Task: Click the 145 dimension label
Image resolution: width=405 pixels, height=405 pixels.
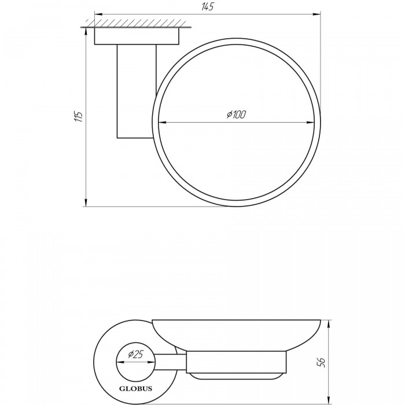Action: [x=208, y=7]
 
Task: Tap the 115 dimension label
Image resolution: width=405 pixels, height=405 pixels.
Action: [x=78, y=117]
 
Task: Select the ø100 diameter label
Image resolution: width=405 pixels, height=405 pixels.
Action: [x=236, y=114]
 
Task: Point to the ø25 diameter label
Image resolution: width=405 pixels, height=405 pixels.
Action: [x=135, y=354]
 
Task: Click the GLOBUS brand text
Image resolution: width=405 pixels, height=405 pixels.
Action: [x=135, y=389]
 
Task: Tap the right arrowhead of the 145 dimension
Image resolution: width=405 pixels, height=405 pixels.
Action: [x=317, y=14]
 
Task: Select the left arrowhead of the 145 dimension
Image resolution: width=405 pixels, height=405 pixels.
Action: [x=98, y=14]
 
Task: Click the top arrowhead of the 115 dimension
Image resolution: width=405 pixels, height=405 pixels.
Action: [x=86, y=31]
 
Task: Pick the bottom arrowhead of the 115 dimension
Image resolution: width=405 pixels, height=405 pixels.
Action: [x=86, y=203]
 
